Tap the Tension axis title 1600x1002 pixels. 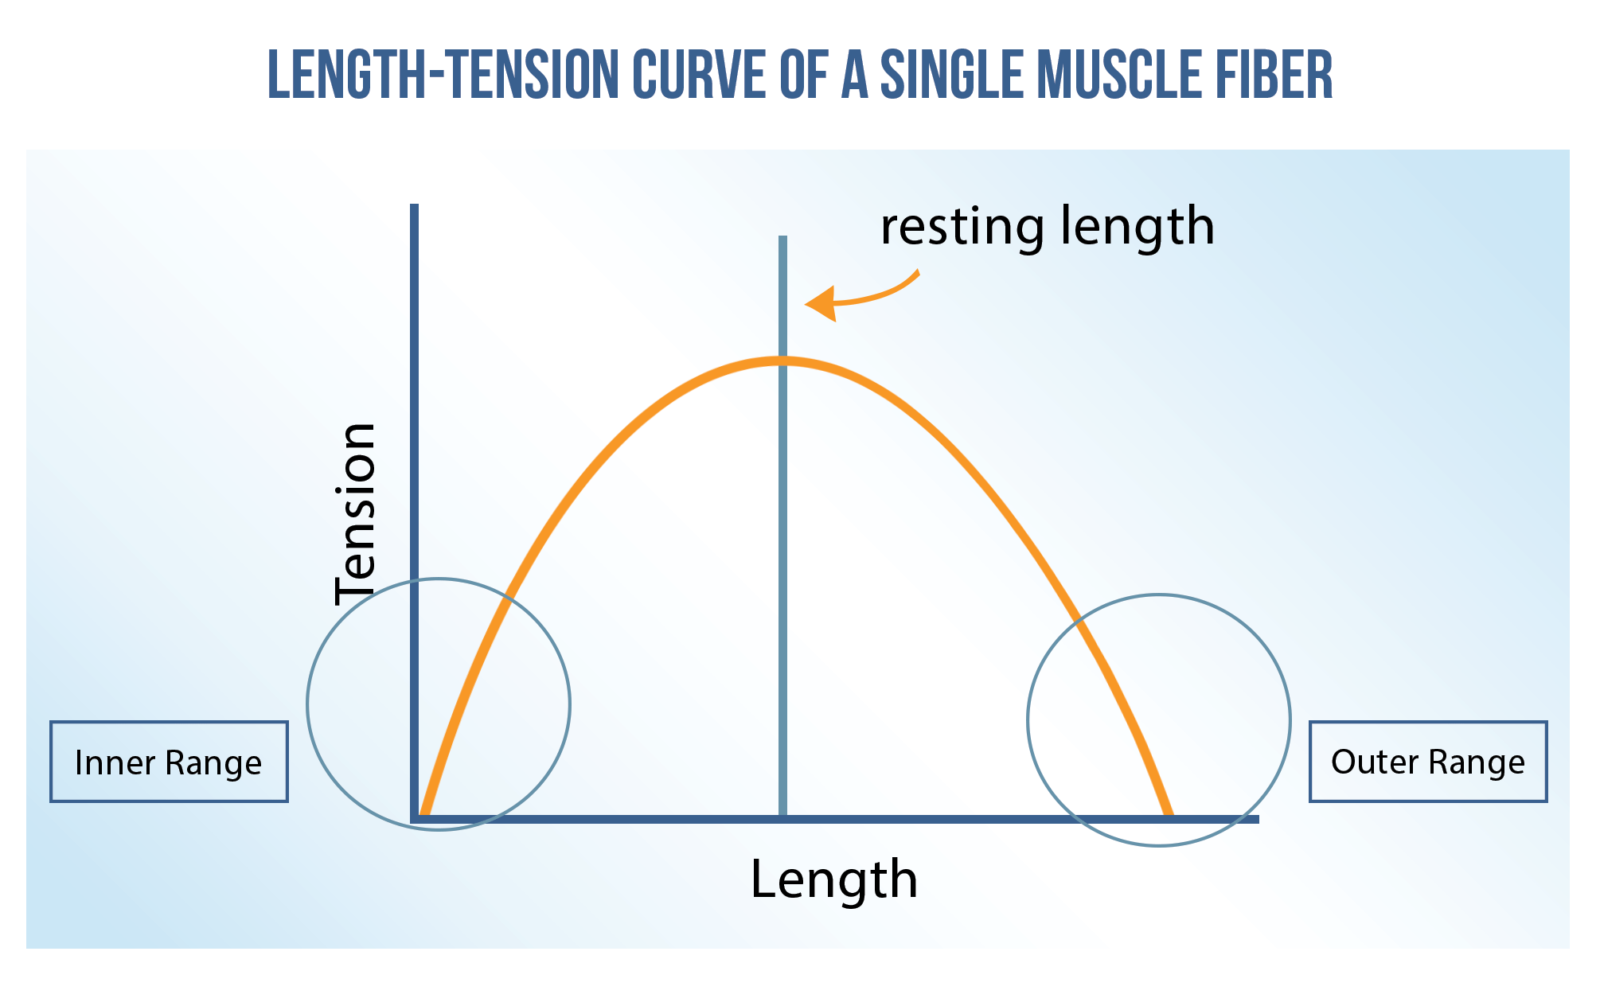[355, 514]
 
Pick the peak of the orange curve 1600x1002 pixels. [782, 361]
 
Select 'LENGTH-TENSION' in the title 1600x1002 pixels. [443, 75]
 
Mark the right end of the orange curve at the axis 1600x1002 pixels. [1169, 814]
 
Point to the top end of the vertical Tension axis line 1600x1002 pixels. [414, 205]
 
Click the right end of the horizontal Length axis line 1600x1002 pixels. [1258, 819]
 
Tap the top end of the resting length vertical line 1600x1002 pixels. [782, 237]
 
